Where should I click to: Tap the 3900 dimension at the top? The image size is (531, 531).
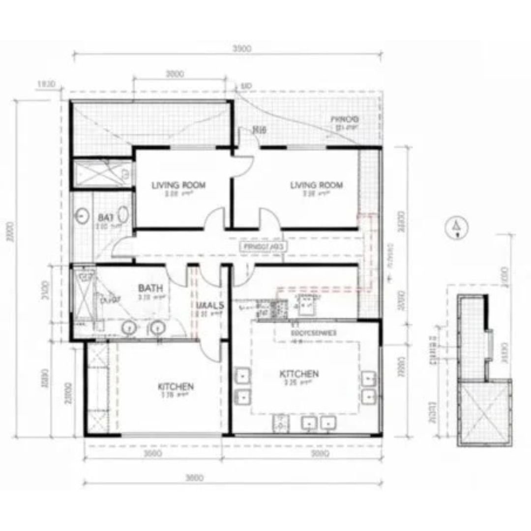pos(241,48)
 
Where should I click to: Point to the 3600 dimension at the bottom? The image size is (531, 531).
pos(195,478)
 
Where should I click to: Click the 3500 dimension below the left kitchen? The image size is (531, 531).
pos(152,454)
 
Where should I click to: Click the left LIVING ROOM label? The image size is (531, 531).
pos(178,185)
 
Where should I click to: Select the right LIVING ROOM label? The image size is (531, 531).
pos(316,185)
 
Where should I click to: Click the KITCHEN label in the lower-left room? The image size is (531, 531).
pos(176,386)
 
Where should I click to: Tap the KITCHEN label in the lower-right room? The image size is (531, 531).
pos(299,374)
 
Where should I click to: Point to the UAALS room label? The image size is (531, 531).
pos(210,305)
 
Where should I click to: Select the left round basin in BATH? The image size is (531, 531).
pos(130,327)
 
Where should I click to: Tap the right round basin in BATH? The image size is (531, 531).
pos(157,327)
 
